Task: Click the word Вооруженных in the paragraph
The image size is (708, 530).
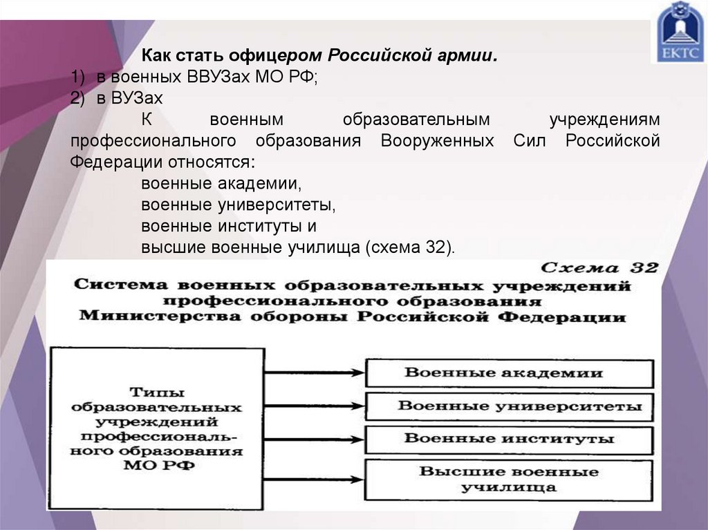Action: click(x=437, y=141)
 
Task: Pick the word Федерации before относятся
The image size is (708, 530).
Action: click(x=114, y=163)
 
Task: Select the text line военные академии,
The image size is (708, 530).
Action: click(x=221, y=184)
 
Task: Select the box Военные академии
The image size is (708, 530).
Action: click(x=509, y=373)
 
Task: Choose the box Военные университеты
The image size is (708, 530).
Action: click(x=509, y=406)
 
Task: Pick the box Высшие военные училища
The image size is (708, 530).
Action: click(x=509, y=479)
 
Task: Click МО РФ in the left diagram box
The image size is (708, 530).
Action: click(x=158, y=466)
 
